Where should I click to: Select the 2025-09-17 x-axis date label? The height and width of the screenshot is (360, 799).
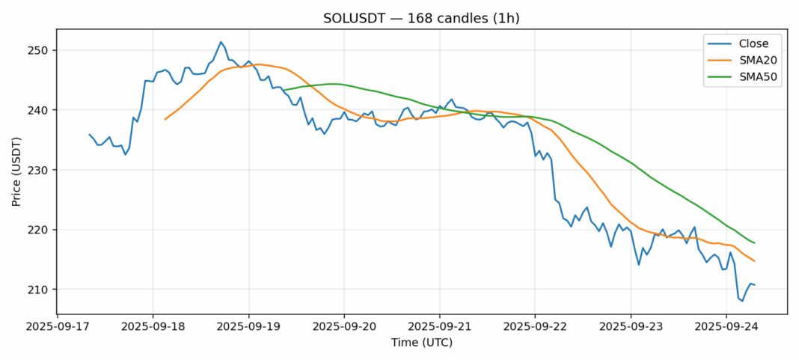[57, 327]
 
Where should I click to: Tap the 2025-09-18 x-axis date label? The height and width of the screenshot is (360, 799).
[153, 327]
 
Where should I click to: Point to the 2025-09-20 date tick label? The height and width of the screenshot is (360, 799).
[344, 327]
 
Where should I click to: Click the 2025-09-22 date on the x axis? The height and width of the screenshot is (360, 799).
[535, 327]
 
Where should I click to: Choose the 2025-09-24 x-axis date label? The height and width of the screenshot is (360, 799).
[726, 327]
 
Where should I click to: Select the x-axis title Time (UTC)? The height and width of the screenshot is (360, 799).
[422, 343]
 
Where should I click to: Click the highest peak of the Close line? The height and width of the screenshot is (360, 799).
[221, 42]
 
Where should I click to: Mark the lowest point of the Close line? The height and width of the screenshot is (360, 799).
[742, 301]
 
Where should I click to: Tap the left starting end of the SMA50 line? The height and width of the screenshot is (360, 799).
[284, 91]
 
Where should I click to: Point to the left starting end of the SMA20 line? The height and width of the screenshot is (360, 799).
[165, 119]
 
